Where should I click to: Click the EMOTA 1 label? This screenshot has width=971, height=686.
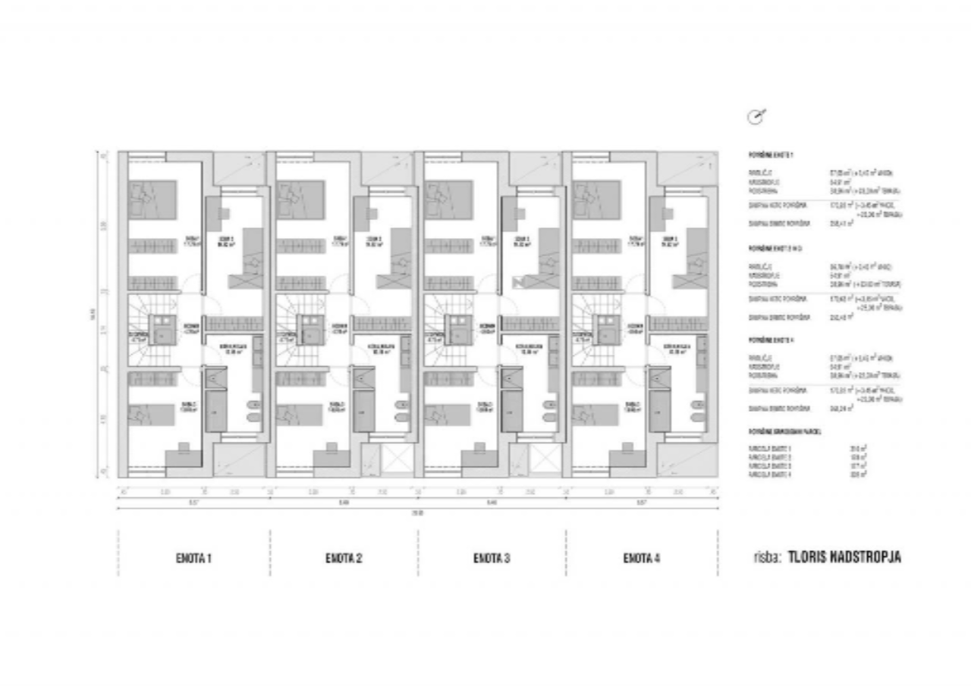[x=193, y=559]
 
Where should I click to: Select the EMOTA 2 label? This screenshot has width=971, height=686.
[x=343, y=559]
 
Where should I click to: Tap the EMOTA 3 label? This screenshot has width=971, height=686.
[x=492, y=559]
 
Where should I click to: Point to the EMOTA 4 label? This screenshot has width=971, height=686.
[x=642, y=559]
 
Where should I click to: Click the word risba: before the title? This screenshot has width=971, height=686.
[x=767, y=557]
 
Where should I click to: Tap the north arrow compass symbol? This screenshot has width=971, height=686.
[x=756, y=116]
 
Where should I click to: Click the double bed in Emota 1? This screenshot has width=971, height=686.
[x=152, y=198]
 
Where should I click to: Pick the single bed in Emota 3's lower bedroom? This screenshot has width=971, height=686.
[x=446, y=415]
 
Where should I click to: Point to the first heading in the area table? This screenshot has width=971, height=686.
[x=771, y=155]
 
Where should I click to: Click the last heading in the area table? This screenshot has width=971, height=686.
[x=784, y=431]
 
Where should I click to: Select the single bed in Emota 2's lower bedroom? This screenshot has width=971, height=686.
[x=297, y=415]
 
